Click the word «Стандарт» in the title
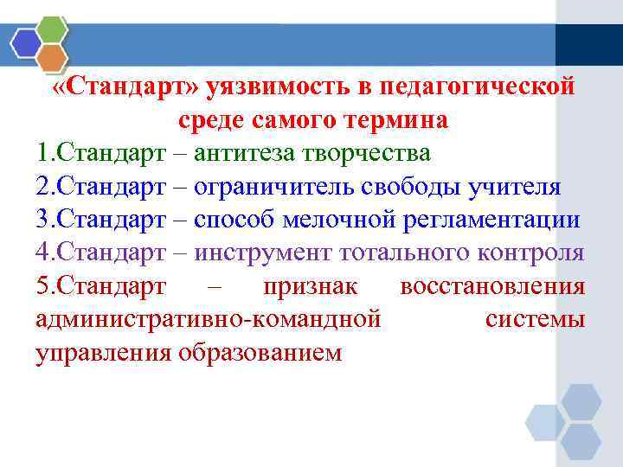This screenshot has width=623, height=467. (127, 86)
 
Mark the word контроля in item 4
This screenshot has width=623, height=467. (531, 253)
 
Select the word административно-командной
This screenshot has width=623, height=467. (209, 319)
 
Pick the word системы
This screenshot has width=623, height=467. (536, 319)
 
